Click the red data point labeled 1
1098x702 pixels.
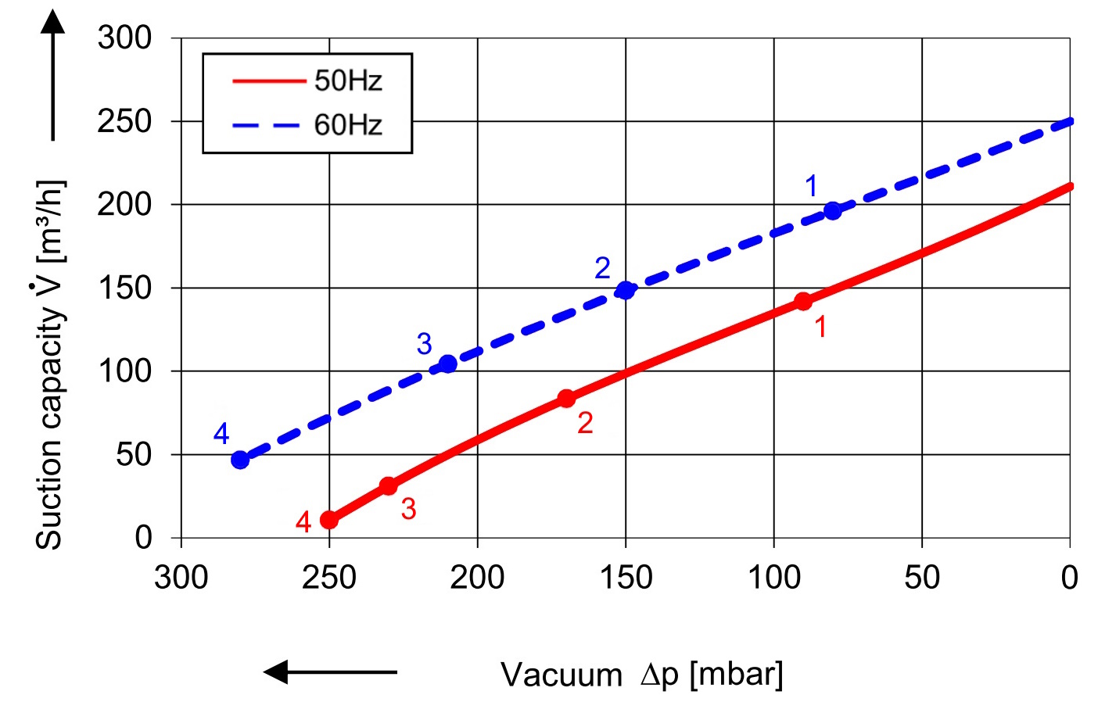(803, 301)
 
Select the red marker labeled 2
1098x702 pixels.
(566, 399)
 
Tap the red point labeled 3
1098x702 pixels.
(388, 485)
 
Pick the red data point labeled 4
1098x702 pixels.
(329, 520)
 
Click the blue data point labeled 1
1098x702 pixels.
(833, 211)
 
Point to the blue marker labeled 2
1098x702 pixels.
(625, 291)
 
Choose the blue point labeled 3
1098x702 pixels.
(447, 364)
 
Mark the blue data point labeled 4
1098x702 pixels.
(240, 460)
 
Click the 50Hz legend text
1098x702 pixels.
(348, 81)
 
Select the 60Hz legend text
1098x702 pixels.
(348, 125)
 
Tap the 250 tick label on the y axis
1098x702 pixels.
(124, 121)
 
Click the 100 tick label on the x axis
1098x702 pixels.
(774, 578)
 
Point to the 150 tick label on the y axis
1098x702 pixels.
(124, 288)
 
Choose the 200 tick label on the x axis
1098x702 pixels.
(477, 578)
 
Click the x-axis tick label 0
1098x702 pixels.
(1069, 578)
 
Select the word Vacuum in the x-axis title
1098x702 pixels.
(562, 675)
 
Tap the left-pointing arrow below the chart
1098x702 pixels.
(330, 672)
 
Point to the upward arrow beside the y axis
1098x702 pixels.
(53, 74)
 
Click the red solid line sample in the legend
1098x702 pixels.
(268, 81)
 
